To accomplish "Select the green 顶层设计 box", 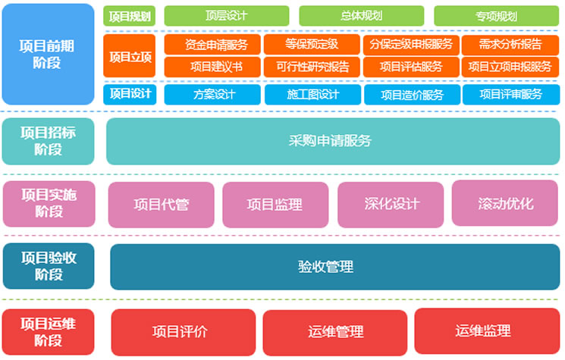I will (x=226, y=15).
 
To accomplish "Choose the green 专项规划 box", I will (x=497, y=15).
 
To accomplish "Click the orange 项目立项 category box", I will (x=130, y=55).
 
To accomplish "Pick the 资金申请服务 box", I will (x=212, y=45).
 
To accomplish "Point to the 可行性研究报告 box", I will (x=312, y=67).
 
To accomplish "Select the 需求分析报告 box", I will (x=510, y=45).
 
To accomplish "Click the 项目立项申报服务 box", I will (x=510, y=67).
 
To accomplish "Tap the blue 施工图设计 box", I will (x=312, y=95).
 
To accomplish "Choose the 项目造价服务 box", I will (x=411, y=95).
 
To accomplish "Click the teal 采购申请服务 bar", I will (x=332, y=141).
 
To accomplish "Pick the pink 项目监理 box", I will (x=274, y=204).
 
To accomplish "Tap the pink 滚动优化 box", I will (x=505, y=203).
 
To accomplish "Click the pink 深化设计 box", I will (x=391, y=203).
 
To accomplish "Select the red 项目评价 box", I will (x=183, y=331).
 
